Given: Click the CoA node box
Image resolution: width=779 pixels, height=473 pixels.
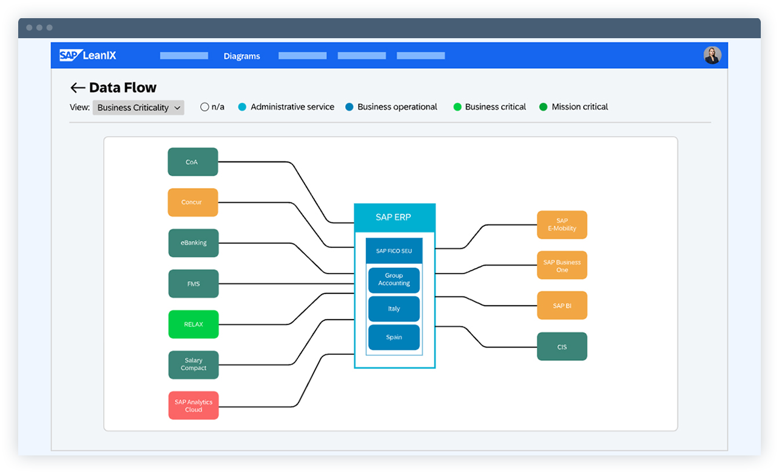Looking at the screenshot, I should coord(192,162).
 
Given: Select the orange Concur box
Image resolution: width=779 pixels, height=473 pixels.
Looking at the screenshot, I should coord(192,203).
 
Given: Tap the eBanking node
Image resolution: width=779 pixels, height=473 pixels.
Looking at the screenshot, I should coord(193,243).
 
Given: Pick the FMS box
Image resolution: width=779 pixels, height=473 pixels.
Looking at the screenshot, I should coord(193,284).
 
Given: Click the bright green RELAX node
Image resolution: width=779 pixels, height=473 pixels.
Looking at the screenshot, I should coord(193,324).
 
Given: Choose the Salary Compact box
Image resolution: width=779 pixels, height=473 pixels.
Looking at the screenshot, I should coord(193,364).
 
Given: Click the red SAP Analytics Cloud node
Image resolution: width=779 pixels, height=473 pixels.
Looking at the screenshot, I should coord(193,406).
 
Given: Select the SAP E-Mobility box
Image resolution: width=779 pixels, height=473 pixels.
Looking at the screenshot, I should coord(562,225).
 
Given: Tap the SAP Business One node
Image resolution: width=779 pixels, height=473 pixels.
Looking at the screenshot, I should coord(562,266).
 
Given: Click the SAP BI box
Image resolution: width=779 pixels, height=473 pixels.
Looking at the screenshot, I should coord(562,306).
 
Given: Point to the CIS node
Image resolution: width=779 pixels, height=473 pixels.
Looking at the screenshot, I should coord(562,347).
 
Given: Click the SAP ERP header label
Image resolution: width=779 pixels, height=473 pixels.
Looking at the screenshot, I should coord(394,217).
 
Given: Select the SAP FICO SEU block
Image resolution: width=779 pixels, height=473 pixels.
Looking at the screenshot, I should coord(394,251).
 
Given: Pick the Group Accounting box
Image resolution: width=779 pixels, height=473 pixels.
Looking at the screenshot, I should coord(394,280).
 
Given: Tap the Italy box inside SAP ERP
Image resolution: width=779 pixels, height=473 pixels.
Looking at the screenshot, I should coord(394,309).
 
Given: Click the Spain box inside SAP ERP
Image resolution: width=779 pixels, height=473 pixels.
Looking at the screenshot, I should coord(394,337).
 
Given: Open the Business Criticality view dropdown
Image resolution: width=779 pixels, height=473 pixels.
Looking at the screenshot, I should coord(138,107).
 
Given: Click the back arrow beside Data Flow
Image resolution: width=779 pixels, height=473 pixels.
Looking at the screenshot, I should coord(77,88).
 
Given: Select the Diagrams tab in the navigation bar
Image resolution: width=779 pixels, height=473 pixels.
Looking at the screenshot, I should coord(241,56).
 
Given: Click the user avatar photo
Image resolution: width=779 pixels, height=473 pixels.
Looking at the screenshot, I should coord(712,55).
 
